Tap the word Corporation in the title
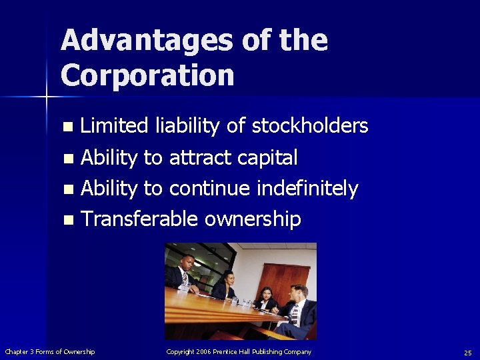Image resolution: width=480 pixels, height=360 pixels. point(147,75)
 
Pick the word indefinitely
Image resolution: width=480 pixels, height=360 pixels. point(308,189)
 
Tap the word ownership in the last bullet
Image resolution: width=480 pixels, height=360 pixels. point(253,220)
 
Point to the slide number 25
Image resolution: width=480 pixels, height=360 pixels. point(467,352)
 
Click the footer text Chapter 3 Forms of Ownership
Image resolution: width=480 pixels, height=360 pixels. point(50,351)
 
